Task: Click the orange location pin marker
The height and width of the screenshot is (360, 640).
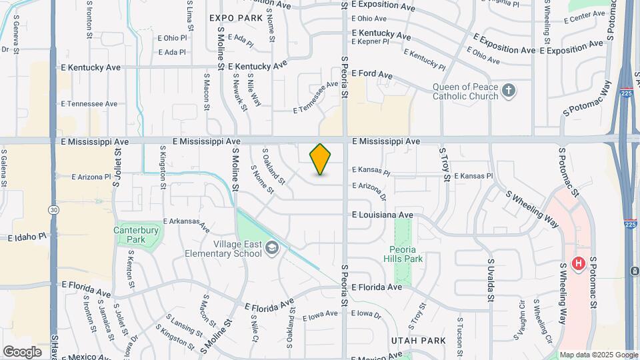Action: click(x=321, y=159)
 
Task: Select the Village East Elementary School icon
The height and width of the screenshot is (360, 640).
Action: click(x=271, y=249)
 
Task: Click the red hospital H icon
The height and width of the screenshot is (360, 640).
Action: click(x=579, y=263)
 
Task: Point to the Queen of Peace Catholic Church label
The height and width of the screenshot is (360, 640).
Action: click(x=465, y=91)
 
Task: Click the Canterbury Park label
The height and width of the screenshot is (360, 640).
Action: click(x=129, y=234)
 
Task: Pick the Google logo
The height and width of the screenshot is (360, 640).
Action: click(x=22, y=351)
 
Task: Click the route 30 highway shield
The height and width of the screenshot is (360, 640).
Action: click(x=52, y=209)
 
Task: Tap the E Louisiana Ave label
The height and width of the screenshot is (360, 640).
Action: click(x=383, y=215)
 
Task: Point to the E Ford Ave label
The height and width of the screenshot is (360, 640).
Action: click(x=372, y=73)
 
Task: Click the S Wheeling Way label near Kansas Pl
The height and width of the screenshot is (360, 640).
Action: click(x=533, y=208)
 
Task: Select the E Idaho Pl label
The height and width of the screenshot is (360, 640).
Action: click(x=27, y=237)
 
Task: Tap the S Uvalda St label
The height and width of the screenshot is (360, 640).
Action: click(x=490, y=280)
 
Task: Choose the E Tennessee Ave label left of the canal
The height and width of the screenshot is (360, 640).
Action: click(x=89, y=104)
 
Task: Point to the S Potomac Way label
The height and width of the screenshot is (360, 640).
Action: click(x=587, y=99)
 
